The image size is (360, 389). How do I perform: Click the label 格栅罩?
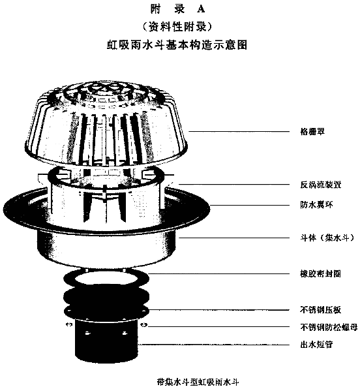[312, 131]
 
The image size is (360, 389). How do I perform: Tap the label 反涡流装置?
[321, 185]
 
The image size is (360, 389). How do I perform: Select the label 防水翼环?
[316, 205]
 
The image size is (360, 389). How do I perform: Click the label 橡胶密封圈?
[321, 274]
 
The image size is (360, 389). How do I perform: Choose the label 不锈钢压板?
[321, 310]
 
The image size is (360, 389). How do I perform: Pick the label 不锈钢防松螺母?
[329, 327]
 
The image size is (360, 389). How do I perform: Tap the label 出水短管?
[316, 345]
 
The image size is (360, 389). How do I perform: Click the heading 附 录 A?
[177, 9]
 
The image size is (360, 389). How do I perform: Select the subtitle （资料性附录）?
[177, 27]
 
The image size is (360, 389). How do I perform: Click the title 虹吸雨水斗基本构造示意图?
[177, 45]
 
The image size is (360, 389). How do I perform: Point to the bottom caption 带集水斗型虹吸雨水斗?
[198, 382]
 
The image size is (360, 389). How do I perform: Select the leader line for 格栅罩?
[239, 131]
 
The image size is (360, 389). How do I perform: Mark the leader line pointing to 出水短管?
[214, 345]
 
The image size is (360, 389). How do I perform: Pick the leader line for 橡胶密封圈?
[219, 274]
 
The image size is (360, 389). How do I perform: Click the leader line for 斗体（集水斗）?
[233, 238]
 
